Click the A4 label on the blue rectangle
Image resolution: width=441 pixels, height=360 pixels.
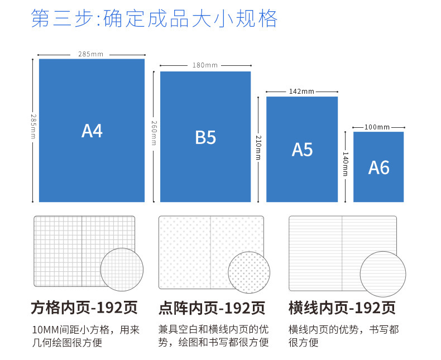(x=92, y=131)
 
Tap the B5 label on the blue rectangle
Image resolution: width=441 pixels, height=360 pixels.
(x=205, y=137)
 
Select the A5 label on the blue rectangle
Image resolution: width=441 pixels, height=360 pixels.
(x=302, y=150)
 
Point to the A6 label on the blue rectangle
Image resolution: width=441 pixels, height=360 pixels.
(x=378, y=167)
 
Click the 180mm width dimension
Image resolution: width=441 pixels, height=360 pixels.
(x=205, y=65)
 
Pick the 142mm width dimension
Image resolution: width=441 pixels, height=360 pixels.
(x=301, y=91)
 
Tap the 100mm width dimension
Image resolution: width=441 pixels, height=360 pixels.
(x=377, y=127)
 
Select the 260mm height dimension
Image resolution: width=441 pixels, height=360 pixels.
(x=154, y=133)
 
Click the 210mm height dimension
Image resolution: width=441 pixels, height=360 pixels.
(x=258, y=148)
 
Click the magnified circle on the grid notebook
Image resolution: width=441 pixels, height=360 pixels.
(x=122, y=269)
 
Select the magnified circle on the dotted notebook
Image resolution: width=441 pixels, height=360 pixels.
(x=248, y=272)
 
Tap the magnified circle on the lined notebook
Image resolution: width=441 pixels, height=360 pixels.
(x=382, y=273)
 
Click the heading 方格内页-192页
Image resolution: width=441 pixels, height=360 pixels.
(x=84, y=308)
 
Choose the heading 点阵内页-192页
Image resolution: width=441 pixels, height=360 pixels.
(x=212, y=308)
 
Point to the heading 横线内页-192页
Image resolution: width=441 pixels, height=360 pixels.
(x=342, y=308)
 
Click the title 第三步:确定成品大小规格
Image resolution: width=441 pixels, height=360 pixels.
(x=154, y=18)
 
